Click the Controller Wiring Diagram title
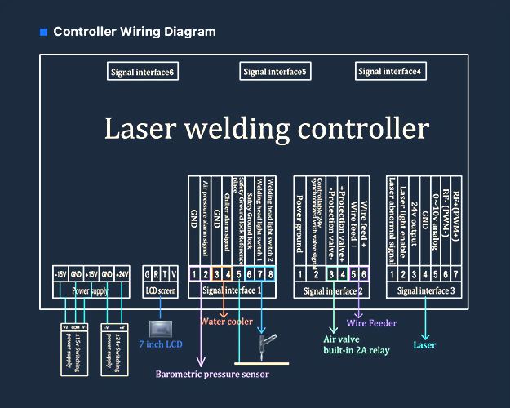(135, 32)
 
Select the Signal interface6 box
(143, 73)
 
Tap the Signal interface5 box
(275, 73)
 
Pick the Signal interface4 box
(389, 72)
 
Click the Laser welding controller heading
(266, 128)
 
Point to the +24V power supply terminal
(122, 273)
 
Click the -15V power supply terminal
(60, 273)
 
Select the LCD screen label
(161, 290)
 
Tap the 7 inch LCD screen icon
(162, 326)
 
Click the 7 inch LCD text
(161, 344)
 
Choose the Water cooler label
(227, 322)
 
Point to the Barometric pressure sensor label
(212, 375)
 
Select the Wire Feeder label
(371, 323)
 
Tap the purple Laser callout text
(424, 345)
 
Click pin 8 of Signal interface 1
(270, 273)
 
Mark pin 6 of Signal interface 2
(364, 273)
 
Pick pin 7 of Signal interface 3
(455, 273)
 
